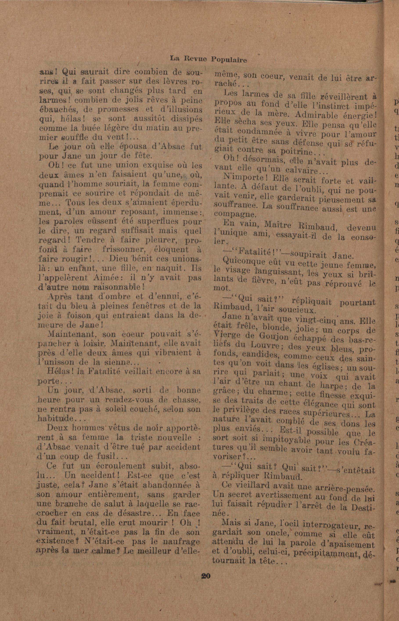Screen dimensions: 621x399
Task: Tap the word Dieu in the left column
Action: click(119, 258)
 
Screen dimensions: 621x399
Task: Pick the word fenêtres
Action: click(148, 306)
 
